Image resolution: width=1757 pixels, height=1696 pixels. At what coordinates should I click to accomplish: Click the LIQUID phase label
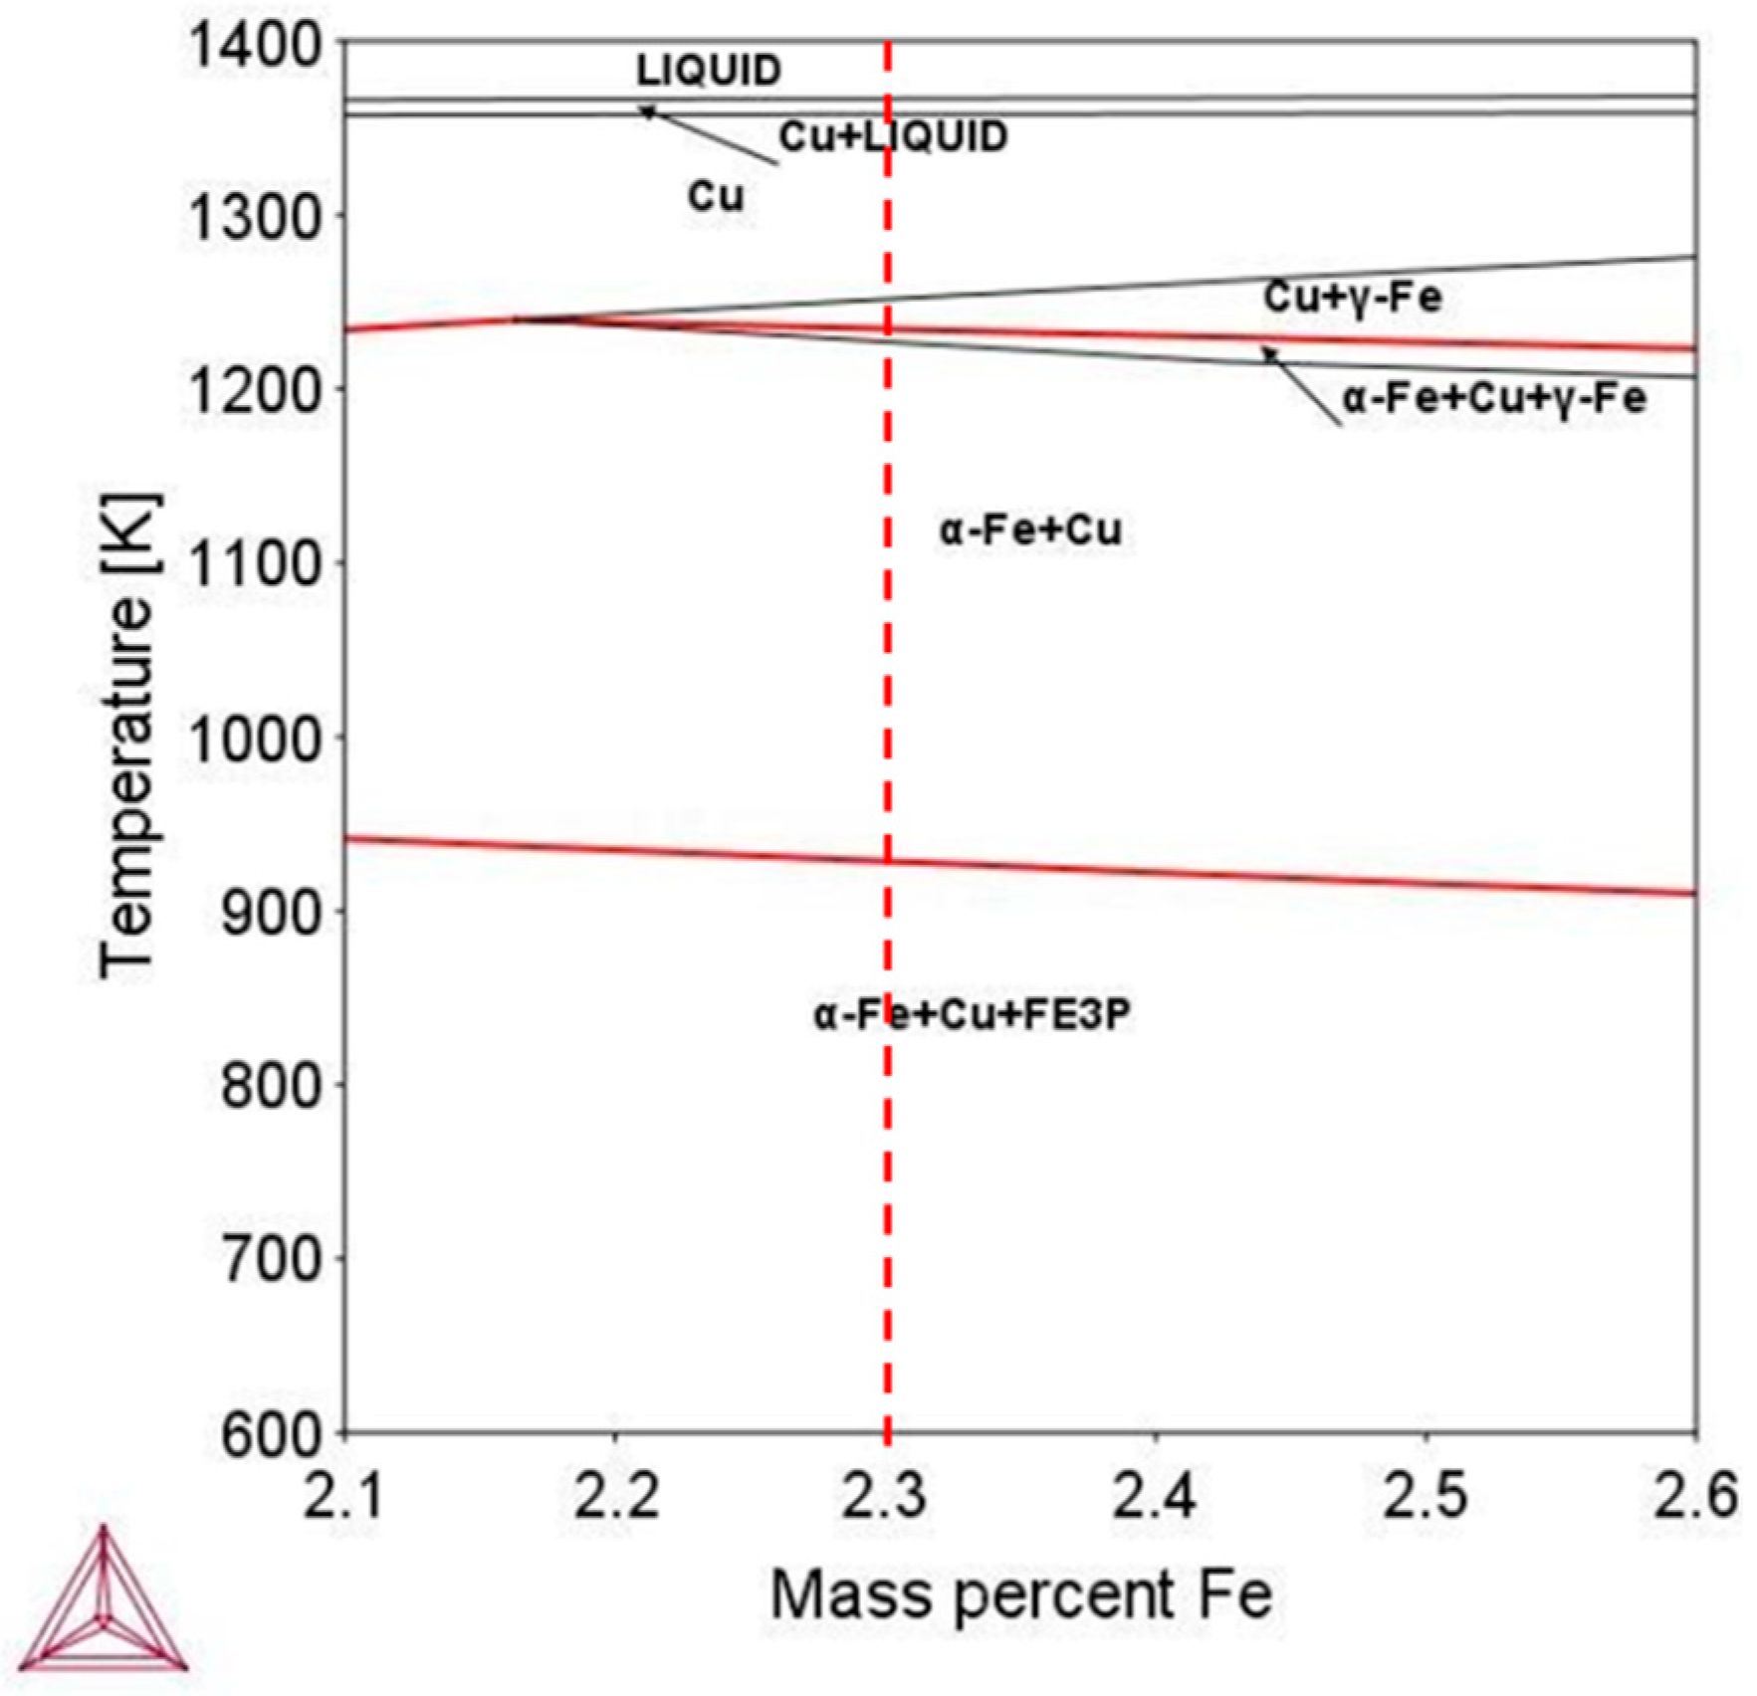709,70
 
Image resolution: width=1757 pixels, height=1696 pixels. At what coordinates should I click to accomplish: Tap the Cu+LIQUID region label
893,136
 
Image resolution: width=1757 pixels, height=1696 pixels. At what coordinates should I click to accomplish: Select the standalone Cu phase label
716,196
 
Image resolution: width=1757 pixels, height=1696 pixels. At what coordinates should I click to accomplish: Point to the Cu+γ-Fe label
1352,297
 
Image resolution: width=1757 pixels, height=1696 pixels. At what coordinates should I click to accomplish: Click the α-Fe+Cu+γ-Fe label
1494,398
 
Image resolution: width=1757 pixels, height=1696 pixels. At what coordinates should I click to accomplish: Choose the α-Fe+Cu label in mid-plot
1030,530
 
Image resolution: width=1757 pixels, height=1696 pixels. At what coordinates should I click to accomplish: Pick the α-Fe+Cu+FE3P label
973,1016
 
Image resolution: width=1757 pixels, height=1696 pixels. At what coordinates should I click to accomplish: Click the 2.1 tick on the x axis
343,1496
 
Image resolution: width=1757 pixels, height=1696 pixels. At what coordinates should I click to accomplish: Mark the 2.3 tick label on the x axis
885,1496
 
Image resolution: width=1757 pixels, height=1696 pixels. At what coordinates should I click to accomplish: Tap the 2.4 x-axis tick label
1155,1496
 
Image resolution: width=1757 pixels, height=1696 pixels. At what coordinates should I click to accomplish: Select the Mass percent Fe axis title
1020,1594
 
